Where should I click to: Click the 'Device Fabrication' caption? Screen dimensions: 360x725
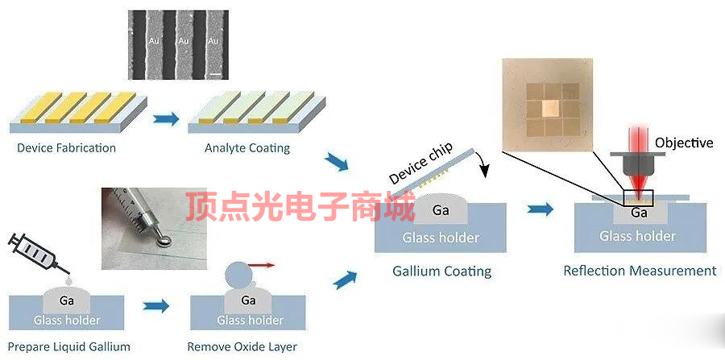66,148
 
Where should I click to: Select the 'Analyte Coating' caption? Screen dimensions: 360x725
247,148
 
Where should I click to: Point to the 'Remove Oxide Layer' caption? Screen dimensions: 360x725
242,347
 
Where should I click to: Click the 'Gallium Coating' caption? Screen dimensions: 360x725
441,271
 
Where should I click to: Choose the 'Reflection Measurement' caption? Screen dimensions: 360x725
640,271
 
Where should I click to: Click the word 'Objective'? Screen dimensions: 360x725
684,143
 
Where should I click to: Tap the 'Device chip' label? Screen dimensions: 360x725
420,164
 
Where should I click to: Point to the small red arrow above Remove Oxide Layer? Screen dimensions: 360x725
262,264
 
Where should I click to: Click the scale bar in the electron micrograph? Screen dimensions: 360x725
215,73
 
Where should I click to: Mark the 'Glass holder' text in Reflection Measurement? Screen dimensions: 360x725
637,236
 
